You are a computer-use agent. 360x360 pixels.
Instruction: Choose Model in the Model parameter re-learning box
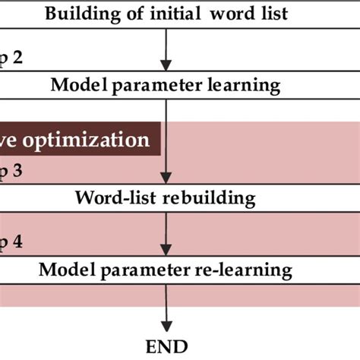(x=61, y=270)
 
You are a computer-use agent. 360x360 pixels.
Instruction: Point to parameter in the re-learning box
(x=145, y=270)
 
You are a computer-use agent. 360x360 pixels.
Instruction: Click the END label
(x=166, y=346)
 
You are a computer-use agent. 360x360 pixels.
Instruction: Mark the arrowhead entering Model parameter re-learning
(x=166, y=254)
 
